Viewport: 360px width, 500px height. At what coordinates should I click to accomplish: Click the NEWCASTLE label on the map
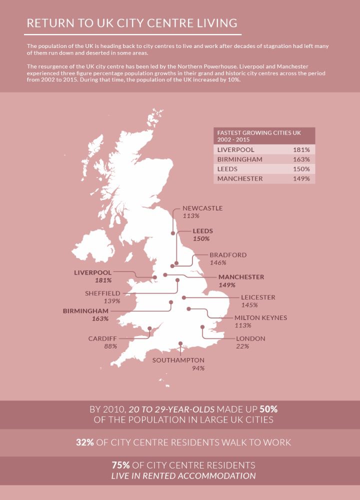coord(202,208)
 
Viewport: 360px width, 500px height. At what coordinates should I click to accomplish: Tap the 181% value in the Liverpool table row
coord(301,149)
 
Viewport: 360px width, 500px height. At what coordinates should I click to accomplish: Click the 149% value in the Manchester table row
coord(301,178)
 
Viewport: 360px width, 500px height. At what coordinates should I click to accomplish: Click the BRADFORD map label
coord(228,254)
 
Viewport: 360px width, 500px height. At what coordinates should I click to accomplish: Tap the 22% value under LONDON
coord(243,346)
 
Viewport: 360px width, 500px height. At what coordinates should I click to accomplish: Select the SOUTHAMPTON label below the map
coord(178,360)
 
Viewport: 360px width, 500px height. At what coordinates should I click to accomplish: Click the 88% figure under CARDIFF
coord(110,346)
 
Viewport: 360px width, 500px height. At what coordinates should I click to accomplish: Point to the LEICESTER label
coord(258,297)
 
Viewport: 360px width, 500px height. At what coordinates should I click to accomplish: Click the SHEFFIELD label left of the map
coord(102,293)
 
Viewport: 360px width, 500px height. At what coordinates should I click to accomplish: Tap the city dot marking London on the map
coord(202,327)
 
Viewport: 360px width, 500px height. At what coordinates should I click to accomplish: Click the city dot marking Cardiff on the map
coord(149,329)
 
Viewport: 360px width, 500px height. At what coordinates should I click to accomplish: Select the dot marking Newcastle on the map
coord(173,232)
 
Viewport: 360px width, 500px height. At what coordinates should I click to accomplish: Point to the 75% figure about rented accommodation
coord(122,465)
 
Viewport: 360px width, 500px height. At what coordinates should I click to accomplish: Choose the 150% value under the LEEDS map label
coord(201,239)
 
